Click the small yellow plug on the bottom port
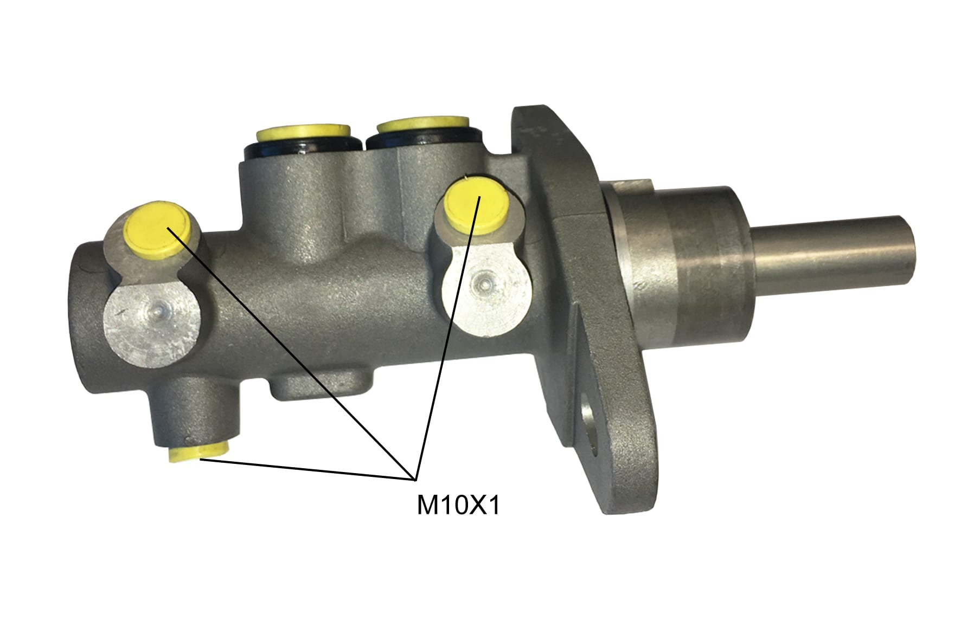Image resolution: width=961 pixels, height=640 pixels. click(x=199, y=451)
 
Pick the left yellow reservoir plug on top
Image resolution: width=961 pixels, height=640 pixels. click(x=303, y=132)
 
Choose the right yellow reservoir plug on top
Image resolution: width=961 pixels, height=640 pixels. click(x=423, y=125)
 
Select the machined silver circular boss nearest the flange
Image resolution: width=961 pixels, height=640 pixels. click(x=485, y=287)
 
